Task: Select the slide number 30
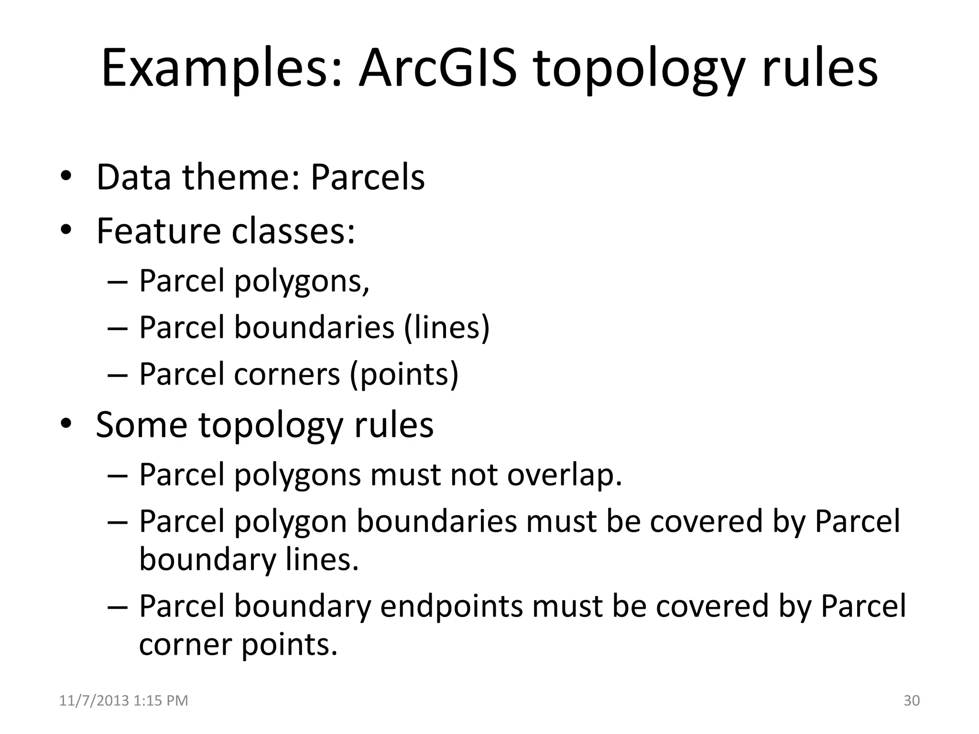click(x=912, y=700)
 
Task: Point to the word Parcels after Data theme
click(x=368, y=177)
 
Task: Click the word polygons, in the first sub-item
click(x=302, y=282)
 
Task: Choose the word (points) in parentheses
click(x=404, y=374)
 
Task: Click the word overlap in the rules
click(x=565, y=475)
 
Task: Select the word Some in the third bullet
click(x=141, y=424)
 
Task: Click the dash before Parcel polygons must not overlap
click(x=117, y=476)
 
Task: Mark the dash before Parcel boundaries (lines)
click(x=117, y=329)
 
